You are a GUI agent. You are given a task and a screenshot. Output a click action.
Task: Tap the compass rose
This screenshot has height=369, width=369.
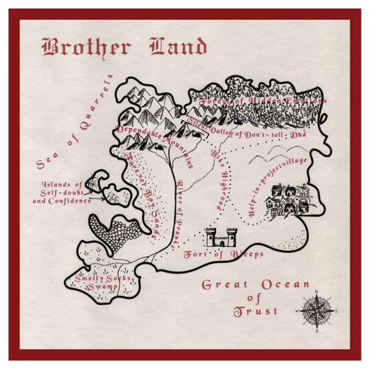pyautogui.click(x=316, y=310)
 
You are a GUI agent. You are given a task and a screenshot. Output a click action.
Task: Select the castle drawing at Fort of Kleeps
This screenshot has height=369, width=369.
pyautogui.click(x=221, y=238)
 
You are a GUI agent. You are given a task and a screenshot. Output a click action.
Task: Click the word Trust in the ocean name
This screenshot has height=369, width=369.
pyautogui.click(x=255, y=310)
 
